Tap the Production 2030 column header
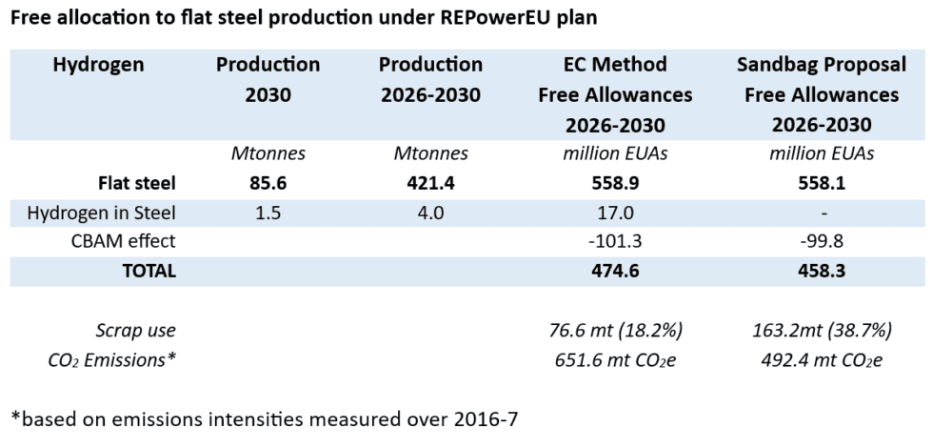(x=268, y=81)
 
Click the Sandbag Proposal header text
(x=821, y=66)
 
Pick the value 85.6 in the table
(x=268, y=182)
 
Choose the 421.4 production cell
(x=430, y=182)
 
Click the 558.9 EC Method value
(x=614, y=182)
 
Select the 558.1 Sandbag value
(x=821, y=182)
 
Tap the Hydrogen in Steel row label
(x=112, y=212)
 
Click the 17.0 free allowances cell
(x=614, y=212)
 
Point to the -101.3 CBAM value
(x=614, y=241)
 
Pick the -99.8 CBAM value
(x=821, y=241)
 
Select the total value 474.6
(x=614, y=271)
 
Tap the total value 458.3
(x=821, y=271)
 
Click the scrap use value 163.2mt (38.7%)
(x=821, y=331)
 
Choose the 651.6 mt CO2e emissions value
(x=614, y=359)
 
